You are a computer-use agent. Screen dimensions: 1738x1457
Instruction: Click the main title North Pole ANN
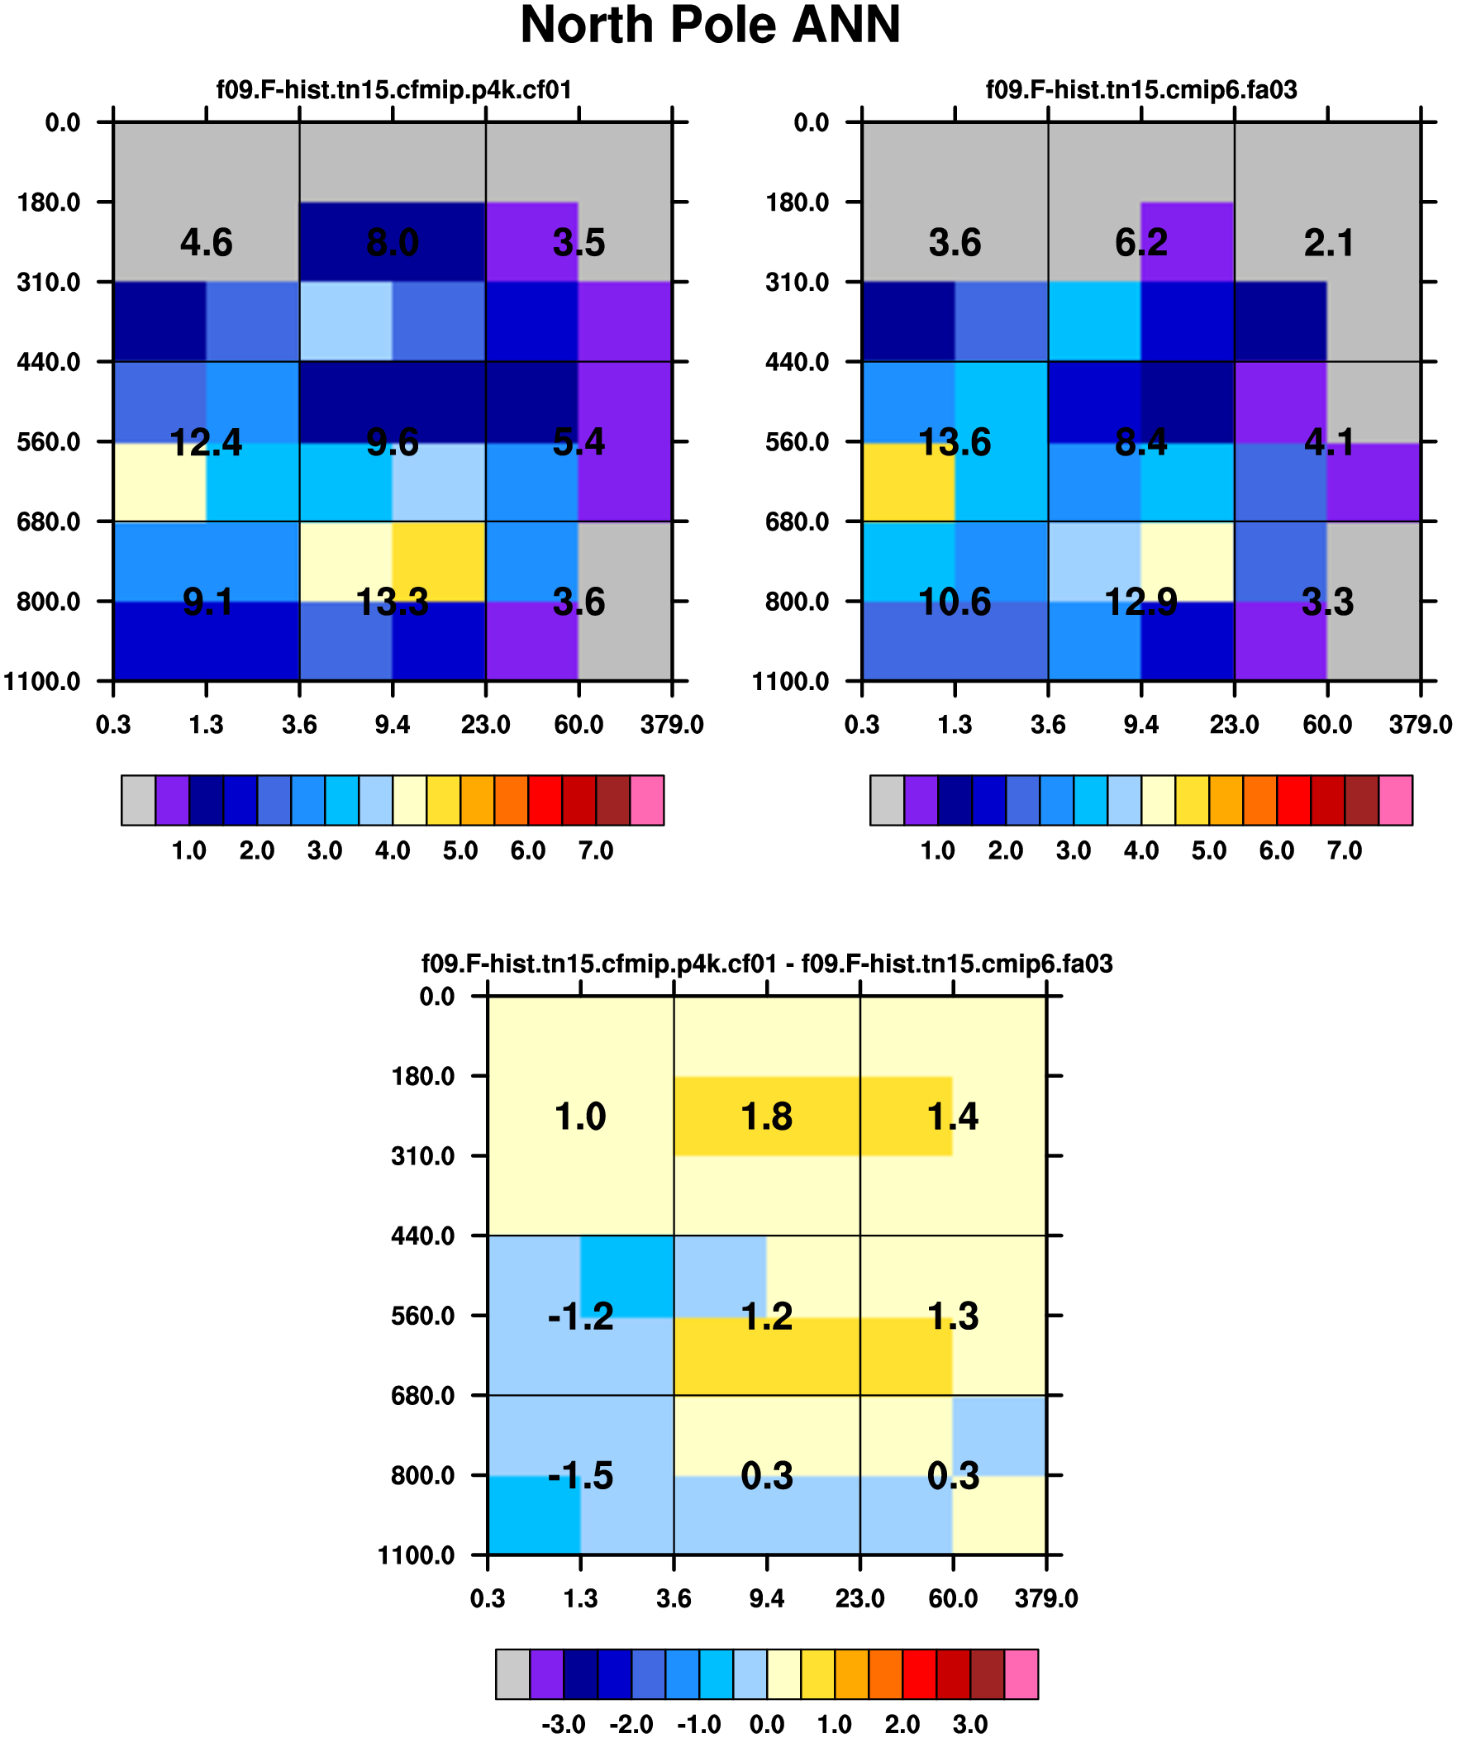tap(709, 25)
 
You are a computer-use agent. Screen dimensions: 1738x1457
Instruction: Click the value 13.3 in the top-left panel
tap(393, 602)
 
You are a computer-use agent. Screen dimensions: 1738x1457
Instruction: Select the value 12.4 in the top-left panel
tap(206, 443)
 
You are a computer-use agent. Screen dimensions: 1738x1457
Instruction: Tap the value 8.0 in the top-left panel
tap(393, 242)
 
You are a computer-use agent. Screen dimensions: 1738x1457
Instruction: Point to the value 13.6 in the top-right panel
tap(955, 443)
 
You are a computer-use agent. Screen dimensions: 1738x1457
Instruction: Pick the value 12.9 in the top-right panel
tap(1140, 602)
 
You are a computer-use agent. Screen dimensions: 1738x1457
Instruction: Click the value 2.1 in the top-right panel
tap(1328, 242)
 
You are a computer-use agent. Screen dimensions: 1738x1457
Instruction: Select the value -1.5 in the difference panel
tap(580, 1476)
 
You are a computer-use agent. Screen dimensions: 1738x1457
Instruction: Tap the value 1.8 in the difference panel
tap(767, 1117)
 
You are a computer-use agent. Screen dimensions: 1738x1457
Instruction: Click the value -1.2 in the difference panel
tap(580, 1316)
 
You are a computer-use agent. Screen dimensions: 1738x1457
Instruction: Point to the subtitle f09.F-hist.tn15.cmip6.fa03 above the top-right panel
tap(1140, 89)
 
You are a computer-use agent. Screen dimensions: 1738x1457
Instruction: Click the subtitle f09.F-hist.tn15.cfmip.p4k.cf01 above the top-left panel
tap(394, 89)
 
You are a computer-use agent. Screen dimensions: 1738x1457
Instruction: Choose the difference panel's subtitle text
tap(767, 964)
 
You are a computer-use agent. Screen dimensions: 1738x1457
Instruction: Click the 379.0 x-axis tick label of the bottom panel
tap(1046, 1598)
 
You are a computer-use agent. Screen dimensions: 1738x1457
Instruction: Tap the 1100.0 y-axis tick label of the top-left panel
tap(42, 681)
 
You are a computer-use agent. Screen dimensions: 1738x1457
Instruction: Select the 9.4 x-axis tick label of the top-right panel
tap(1140, 725)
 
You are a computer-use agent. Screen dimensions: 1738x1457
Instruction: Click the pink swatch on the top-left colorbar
tap(646, 800)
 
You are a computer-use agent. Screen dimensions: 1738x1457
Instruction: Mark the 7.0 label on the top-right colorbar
tap(1345, 850)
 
